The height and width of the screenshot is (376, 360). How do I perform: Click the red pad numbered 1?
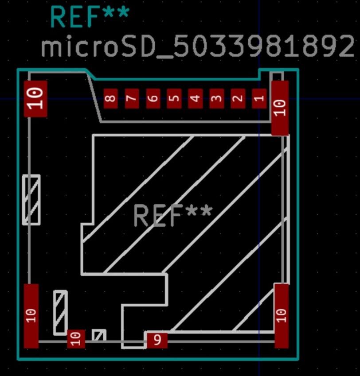point(259,98)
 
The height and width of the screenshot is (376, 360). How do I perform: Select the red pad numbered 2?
point(238,98)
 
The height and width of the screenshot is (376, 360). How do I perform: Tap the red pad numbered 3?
point(217,98)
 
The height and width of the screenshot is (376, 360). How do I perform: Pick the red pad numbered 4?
point(196,98)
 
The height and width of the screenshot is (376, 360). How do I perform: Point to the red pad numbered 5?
point(175,98)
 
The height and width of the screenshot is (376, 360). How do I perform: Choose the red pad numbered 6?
point(153,98)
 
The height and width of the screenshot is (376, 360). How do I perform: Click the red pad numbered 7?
point(132,98)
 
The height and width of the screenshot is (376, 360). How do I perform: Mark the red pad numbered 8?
point(111,98)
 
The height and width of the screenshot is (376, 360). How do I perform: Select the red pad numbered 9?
point(157,341)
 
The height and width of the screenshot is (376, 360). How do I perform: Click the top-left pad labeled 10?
point(35,99)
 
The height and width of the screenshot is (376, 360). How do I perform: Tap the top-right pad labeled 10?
point(280,108)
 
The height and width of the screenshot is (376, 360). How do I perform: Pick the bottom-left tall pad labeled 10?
point(31,316)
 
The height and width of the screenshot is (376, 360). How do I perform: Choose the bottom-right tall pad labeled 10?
point(282,316)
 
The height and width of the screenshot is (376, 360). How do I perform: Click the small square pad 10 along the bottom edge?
point(76,339)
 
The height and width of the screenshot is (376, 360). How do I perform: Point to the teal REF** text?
point(90,17)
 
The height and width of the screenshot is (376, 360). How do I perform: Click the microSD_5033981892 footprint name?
point(198,47)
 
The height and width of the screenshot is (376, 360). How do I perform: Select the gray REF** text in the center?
point(173,215)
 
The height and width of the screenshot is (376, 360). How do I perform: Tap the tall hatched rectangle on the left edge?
point(31,200)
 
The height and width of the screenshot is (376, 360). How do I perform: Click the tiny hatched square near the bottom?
point(99,335)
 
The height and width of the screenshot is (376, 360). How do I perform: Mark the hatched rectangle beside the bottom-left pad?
point(60,313)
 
